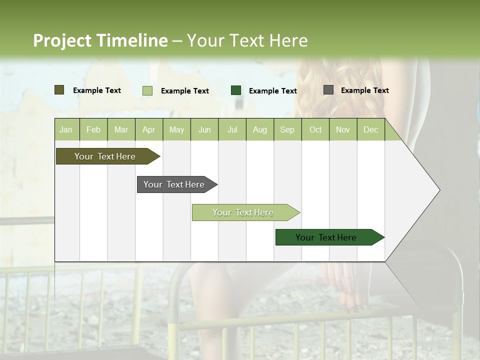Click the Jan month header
click(66, 129)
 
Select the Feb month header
click(93, 129)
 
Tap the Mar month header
click(121, 129)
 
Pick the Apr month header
click(148, 129)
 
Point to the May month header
click(176, 129)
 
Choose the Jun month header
click(204, 129)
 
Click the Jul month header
click(232, 129)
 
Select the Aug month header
click(259, 129)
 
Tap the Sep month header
click(287, 129)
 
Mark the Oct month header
click(315, 129)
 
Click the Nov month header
click(343, 129)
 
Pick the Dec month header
click(370, 129)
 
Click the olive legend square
click(59, 90)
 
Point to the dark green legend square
click(236, 90)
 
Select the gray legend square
click(328, 90)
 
